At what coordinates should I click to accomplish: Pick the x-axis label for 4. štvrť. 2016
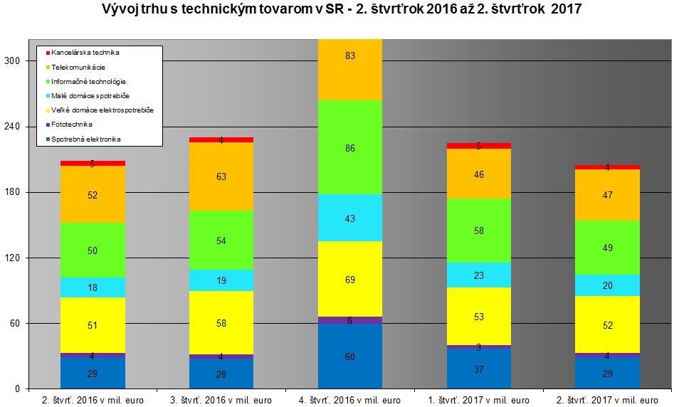coord(350,400)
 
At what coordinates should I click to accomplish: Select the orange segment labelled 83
coord(349,70)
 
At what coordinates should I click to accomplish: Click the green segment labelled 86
coord(349,147)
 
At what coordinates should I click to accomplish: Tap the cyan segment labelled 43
coord(349,218)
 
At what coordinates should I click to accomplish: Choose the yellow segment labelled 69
coord(349,279)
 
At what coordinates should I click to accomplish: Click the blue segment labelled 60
coord(349,356)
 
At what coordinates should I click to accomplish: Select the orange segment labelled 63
coord(221,176)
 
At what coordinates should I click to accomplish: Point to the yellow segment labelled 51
coord(93,325)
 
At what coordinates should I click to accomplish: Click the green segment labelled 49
coord(607,248)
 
